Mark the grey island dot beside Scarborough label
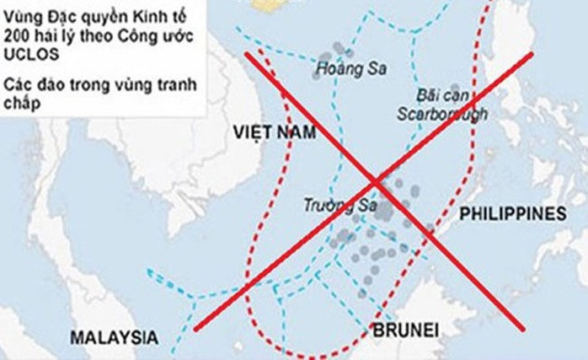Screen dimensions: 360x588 pyautogui.click(x=455, y=88)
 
